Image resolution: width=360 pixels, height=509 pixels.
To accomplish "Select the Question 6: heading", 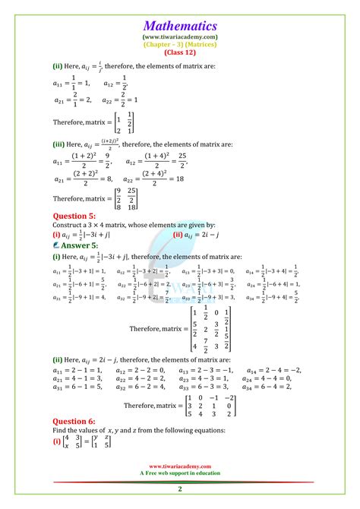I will point(76,419).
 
